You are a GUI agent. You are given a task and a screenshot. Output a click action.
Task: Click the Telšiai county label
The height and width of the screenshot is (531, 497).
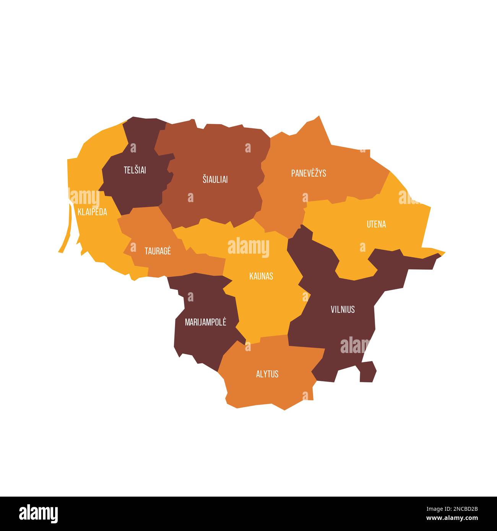click(135, 170)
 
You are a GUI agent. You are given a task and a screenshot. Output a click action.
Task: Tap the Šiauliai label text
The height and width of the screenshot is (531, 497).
click(215, 179)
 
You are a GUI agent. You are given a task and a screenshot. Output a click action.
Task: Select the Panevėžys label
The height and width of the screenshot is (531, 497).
click(309, 173)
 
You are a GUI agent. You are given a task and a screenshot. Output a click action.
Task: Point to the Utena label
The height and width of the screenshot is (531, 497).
click(376, 224)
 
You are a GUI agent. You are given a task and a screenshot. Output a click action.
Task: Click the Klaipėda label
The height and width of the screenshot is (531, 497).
click(92, 212)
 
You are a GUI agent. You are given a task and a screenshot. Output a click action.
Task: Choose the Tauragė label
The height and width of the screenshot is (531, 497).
click(158, 251)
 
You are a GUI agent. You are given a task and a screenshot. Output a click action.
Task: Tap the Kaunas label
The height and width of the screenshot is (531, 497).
click(261, 276)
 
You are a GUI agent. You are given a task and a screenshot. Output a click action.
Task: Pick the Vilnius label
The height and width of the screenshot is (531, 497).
click(343, 309)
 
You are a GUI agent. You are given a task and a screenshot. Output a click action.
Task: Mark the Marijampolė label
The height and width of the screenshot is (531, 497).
click(205, 322)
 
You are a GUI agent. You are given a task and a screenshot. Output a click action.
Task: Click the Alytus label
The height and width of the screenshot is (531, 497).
click(267, 374)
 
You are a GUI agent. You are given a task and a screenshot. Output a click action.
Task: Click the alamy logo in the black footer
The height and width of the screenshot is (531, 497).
click(38, 513)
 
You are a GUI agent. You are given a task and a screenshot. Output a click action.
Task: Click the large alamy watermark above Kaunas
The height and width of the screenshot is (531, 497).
click(248, 247)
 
